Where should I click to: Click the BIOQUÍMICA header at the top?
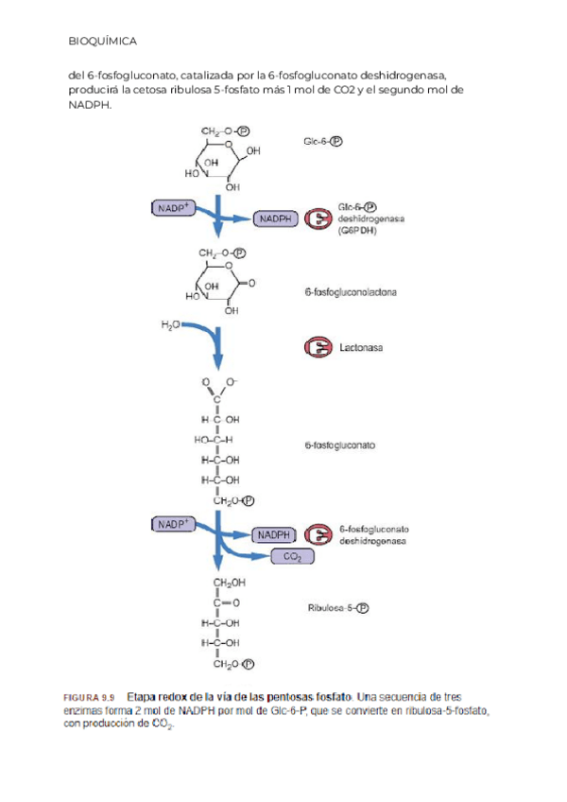(103, 42)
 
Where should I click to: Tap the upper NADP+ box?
(174, 206)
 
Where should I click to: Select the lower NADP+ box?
(174, 523)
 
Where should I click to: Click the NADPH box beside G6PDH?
(274, 219)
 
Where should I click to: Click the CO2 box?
(292, 558)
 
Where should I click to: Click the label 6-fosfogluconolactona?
(351, 292)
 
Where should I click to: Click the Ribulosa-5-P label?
(338, 608)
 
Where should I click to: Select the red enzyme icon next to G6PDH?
(317, 218)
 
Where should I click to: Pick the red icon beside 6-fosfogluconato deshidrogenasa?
(317, 536)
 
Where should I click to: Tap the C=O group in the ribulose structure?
(225, 601)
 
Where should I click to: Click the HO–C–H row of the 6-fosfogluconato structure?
(214, 439)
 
